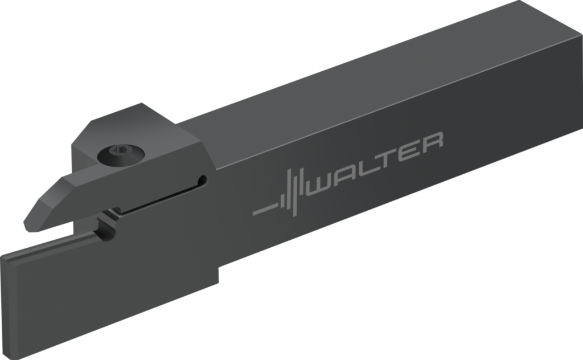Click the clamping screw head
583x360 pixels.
click(x=121, y=154)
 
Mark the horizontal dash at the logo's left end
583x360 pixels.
click(x=265, y=210)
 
